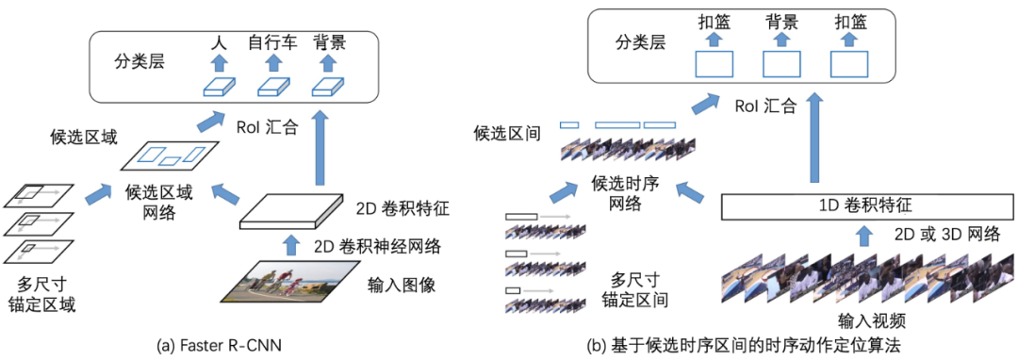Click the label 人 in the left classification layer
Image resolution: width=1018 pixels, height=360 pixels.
click(219, 42)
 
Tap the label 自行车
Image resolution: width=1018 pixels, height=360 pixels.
click(272, 42)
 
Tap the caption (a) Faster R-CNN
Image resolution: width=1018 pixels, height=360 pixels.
click(219, 346)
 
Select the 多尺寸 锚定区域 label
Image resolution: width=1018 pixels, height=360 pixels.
click(46, 293)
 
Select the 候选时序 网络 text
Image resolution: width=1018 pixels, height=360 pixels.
click(625, 190)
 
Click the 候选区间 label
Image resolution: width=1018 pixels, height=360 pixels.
click(507, 135)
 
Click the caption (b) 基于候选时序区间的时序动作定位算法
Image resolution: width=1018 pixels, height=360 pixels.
click(744, 346)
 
